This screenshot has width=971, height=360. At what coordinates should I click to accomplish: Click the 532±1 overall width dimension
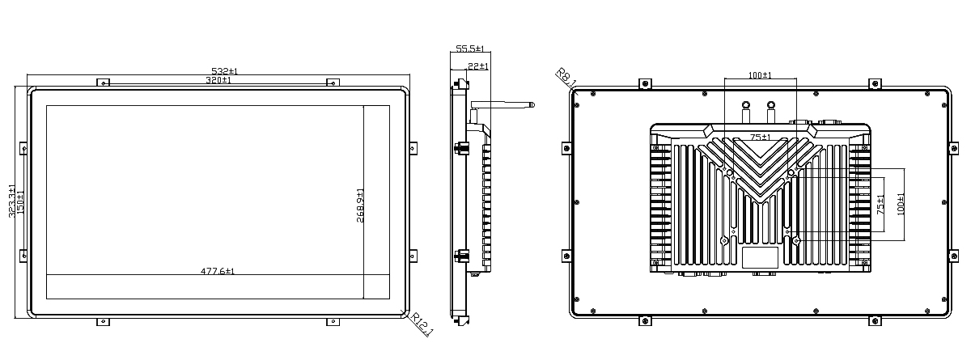[224, 71]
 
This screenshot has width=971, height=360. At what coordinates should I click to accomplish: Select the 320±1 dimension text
[218, 80]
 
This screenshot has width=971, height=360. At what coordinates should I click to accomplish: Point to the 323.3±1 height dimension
[12, 201]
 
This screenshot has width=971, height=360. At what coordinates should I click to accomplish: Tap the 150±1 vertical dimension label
[20, 203]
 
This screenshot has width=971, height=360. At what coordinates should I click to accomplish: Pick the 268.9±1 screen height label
[360, 205]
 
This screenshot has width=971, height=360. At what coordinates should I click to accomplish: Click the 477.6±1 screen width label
[218, 271]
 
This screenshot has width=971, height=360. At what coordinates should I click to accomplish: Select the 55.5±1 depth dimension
[470, 49]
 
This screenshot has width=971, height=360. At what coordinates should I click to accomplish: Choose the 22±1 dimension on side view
[478, 66]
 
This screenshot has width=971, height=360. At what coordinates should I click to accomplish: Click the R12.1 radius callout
[422, 324]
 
